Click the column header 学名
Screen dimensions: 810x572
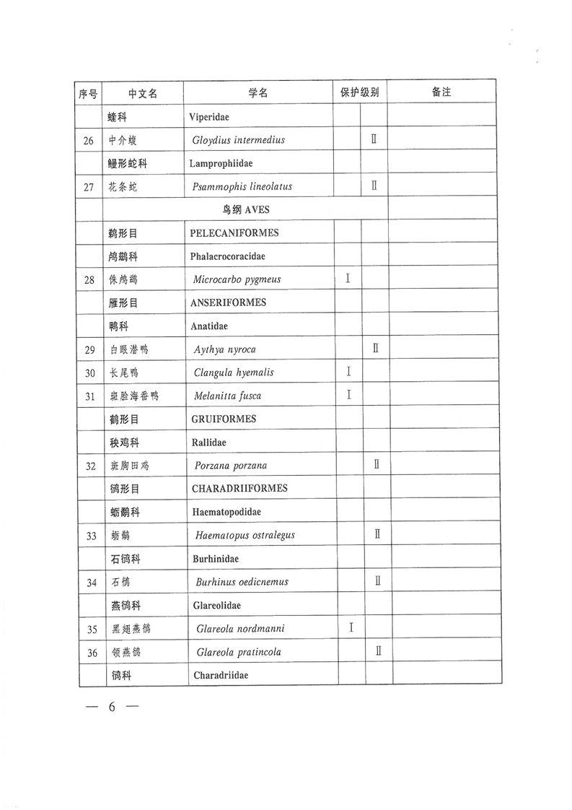[x=258, y=93]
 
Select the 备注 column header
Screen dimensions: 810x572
[x=441, y=92]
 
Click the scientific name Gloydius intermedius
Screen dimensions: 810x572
[x=239, y=140]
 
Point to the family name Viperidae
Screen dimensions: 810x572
[x=209, y=116]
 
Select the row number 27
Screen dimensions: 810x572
[x=89, y=187]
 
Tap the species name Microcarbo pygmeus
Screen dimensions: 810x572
[x=237, y=279]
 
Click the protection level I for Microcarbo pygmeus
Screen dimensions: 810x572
[x=348, y=279]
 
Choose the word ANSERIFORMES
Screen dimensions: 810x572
[x=229, y=302]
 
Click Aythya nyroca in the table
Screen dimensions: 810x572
[x=224, y=349]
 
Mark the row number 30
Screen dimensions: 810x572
[x=89, y=373]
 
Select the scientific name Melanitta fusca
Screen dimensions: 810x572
[x=228, y=396]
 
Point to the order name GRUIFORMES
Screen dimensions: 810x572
[x=224, y=419]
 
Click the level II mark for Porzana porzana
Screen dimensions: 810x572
[x=376, y=465]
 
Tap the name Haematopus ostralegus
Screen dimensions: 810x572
[x=245, y=535]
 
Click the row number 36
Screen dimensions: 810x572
[x=91, y=653]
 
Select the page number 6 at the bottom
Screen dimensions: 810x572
[x=112, y=707]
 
